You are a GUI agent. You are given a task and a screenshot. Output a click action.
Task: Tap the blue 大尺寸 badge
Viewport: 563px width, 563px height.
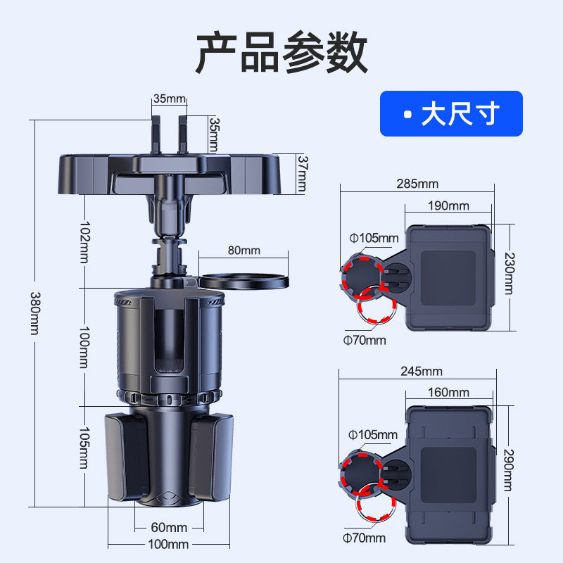pyautogui.click(x=451, y=113)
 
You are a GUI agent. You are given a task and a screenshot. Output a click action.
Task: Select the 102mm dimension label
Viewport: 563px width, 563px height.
pyautogui.click(x=85, y=243)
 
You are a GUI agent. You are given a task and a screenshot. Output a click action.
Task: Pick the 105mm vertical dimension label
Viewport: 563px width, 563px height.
pyautogui.click(x=85, y=448)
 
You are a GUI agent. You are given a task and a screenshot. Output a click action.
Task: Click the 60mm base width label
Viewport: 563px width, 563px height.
pyautogui.click(x=169, y=527)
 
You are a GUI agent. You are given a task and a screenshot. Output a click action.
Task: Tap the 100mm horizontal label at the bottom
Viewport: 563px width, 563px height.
pyautogui.click(x=169, y=544)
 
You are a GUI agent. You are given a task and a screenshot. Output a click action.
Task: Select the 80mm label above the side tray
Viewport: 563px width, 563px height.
pyautogui.click(x=243, y=250)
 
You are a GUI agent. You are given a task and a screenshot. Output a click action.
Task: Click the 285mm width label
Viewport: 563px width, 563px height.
pyautogui.click(x=417, y=184)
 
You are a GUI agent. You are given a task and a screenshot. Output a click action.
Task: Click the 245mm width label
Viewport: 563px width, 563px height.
pyautogui.click(x=417, y=371)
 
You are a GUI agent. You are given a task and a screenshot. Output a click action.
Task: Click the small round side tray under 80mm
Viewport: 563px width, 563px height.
pyautogui.click(x=244, y=281)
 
